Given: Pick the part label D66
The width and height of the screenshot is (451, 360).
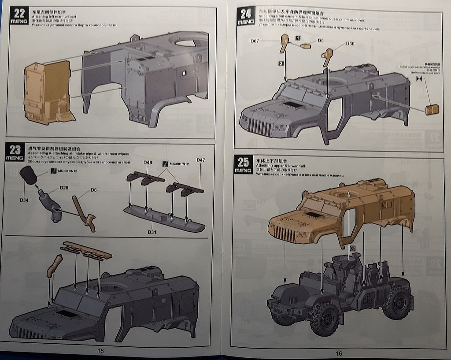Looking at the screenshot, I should pyautogui.click(x=350, y=44).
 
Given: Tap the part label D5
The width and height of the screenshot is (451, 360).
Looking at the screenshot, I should pyautogui.click(x=321, y=41).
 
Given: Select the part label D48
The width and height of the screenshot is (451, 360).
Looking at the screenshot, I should pyautogui.click(x=148, y=163).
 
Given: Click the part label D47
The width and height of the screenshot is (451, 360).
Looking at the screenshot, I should pyautogui.click(x=201, y=160).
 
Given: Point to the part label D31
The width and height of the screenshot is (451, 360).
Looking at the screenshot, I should pyautogui.click(x=152, y=232).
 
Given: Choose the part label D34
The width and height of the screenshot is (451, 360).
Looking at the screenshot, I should pyautogui.click(x=24, y=200).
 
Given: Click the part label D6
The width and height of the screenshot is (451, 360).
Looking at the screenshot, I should pyautogui.click(x=93, y=190).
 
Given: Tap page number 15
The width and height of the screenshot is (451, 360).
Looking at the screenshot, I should pyautogui.click(x=101, y=351).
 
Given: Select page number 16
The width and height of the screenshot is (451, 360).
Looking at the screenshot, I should pyautogui.click(x=339, y=353).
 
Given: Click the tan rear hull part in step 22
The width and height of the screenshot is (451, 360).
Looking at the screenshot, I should pyautogui.click(x=48, y=93).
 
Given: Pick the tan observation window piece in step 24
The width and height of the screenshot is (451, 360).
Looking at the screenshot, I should pyautogui.click(x=432, y=109).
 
